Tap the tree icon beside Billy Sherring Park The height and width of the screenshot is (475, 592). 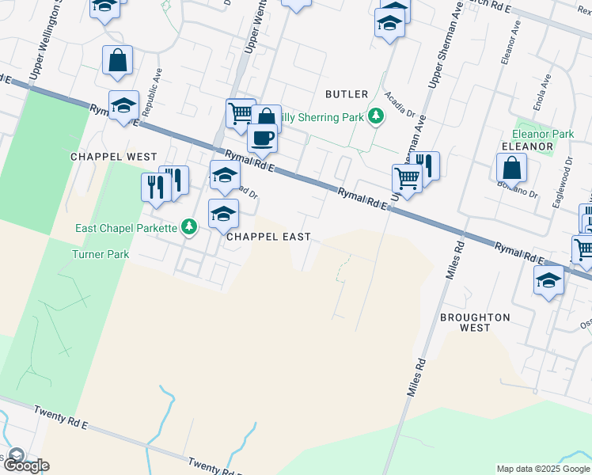(376, 117)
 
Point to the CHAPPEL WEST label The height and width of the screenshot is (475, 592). (114, 157)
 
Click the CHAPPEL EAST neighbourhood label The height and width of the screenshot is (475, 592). (268, 237)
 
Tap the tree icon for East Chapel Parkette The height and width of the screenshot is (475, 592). (188, 228)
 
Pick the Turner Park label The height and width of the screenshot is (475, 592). (101, 255)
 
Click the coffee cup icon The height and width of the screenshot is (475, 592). (262, 138)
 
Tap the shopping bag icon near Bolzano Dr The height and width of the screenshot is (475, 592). (512, 168)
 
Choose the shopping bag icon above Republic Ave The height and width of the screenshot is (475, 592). (117, 61)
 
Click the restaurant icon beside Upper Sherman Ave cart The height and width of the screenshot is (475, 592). (427, 165)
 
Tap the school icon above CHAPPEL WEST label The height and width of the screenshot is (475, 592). (123, 106)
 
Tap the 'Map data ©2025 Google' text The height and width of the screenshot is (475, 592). (542, 469)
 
